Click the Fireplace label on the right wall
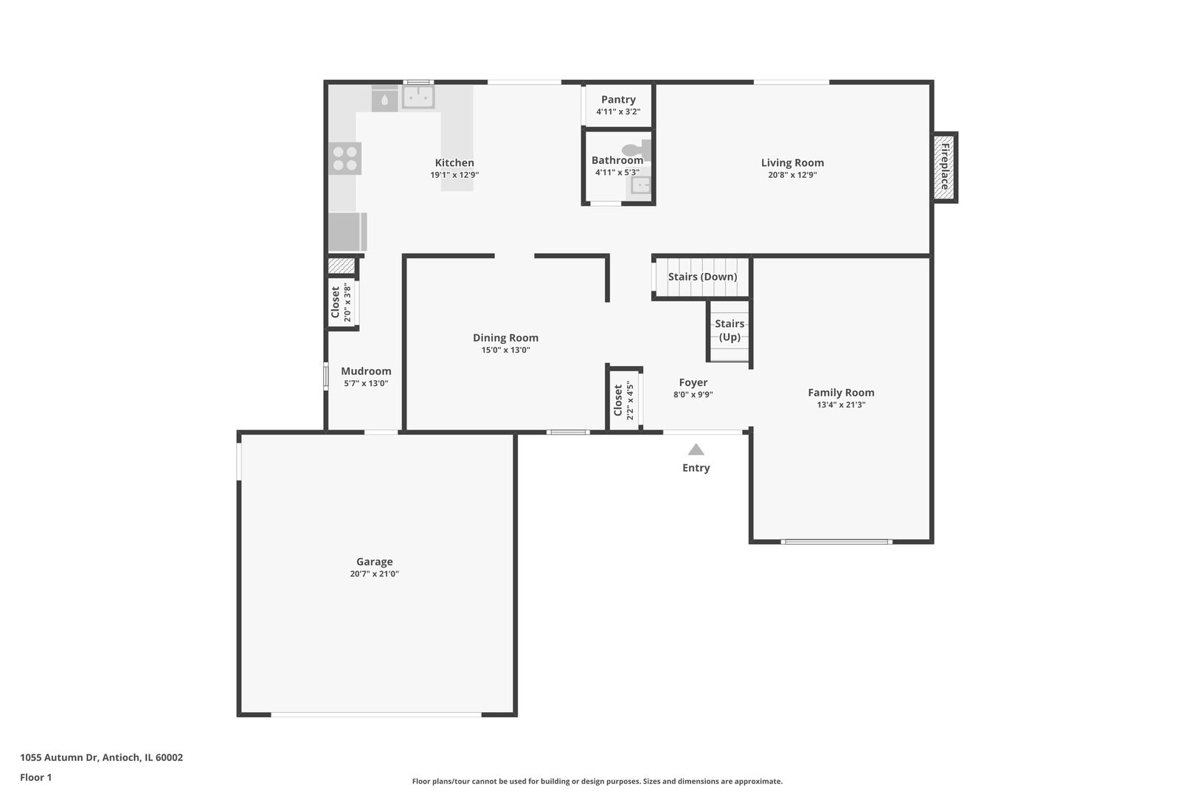click(945, 166)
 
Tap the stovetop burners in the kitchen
click(344, 159)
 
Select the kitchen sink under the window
click(418, 97)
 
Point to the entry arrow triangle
click(696, 449)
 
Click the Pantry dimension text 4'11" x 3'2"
click(618, 112)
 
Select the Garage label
click(374, 562)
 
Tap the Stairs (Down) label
click(702, 277)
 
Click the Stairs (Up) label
click(730, 330)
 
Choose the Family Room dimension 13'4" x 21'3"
click(841, 404)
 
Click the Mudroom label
click(366, 371)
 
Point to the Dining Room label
click(505, 338)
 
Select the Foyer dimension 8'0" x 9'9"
click(693, 394)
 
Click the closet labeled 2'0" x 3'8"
click(342, 302)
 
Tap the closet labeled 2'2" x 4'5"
click(623, 401)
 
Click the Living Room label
click(792, 163)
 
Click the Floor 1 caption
click(35, 777)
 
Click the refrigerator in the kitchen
click(346, 232)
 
